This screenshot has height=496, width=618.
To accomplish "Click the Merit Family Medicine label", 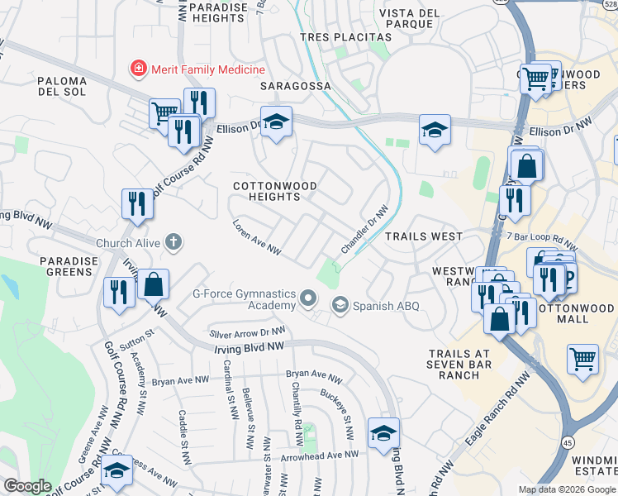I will click(x=207, y=70).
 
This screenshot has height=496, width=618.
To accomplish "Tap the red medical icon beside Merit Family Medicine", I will click(x=138, y=70).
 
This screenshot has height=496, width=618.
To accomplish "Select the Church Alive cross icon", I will click(x=173, y=242).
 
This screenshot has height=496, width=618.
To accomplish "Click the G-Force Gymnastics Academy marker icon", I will click(x=308, y=298).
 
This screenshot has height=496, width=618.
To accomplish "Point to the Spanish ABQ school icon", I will click(x=340, y=306).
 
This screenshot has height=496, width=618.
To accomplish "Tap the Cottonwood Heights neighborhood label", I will click(x=266, y=192).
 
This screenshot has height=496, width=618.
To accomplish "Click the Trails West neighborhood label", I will click(x=424, y=236).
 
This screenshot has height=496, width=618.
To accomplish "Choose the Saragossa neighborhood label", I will click(x=295, y=86).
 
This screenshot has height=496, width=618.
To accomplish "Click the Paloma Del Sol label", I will click(x=62, y=87).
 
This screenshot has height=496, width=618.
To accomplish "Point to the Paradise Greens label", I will click(x=69, y=267).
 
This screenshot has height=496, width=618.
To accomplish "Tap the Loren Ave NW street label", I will click(x=258, y=237).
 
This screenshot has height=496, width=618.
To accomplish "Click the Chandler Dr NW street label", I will click(x=364, y=231).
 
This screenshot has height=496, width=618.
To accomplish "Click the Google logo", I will click(x=27, y=486).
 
